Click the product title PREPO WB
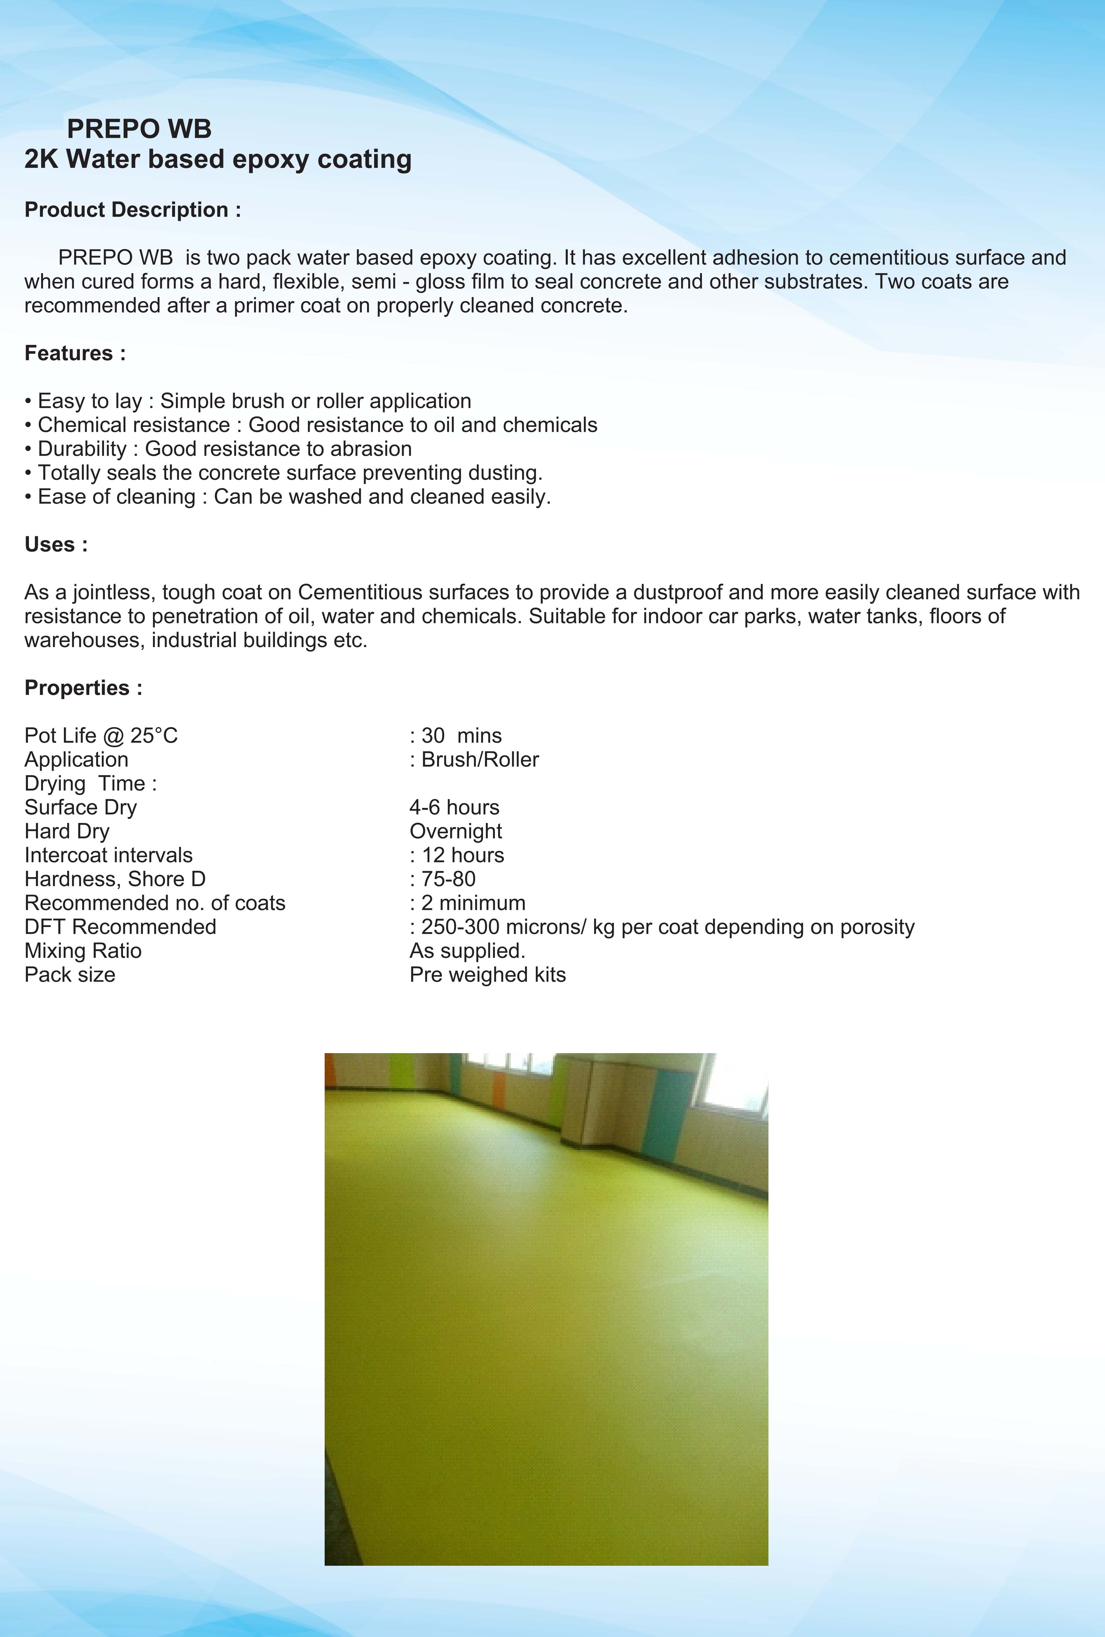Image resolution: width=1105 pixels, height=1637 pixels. pos(139,129)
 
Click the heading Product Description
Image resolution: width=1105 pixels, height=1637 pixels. pos(133,210)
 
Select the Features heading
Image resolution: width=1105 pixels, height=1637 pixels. pos(75,353)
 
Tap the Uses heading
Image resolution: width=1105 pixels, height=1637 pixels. pos(56,544)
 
